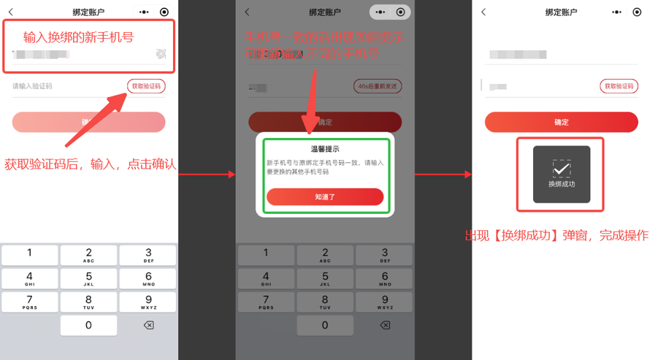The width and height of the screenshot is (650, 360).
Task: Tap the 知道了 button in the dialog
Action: tap(325, 196)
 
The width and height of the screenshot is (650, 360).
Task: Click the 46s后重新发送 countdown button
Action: tap(378, 86)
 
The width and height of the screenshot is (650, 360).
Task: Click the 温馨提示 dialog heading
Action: tap(325, 149)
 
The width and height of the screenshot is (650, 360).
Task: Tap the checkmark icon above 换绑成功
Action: tap(561, 169)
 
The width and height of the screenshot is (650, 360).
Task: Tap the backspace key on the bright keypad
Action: tap(148, 325)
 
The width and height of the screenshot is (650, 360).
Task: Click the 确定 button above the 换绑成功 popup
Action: tap(561, 122)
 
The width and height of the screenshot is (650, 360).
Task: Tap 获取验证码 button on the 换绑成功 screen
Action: tap(619, 86)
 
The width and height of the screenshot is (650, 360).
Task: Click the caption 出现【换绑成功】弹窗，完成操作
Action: tap(557, 236)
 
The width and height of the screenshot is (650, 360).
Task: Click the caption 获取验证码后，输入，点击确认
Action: tap(91, 164)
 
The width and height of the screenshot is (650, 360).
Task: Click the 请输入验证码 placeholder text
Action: tap(32, 86)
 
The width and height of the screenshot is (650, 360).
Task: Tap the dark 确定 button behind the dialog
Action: tap(325, 122)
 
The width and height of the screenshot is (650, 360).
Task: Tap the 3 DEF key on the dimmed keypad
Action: tap(385, 256)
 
